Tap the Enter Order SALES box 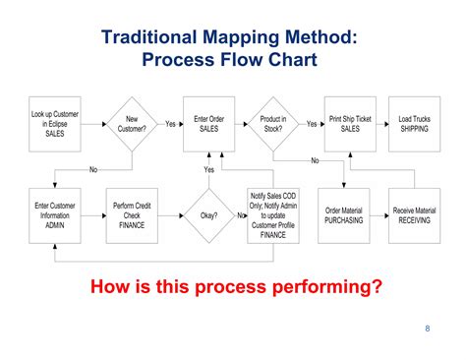pyautogui.click(x=208, y=124)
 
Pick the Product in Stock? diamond pyautogui.click(x=275, y=124)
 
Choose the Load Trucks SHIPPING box pyautogui.click(x=414, y=124)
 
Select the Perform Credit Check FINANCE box pyautogui.click(x=131, y=214)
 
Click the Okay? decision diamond pyautogui.click(x=208, y=214)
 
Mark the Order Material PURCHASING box pyautogui.click(x=345, y=214)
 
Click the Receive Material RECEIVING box pyautogui.click(x=414, y=214)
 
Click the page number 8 pyautogui.click(x=428, y=329)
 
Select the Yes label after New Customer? pyautogui.click(x=170, y=124)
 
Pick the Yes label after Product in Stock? pyautogui.click(x=312, y=124)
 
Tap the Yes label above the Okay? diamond pyautogui.click(x=208, y=170)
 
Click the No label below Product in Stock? pyautogui.click(x=315, y=160)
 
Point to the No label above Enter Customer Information pyautogui.click(x=93, y=170)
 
